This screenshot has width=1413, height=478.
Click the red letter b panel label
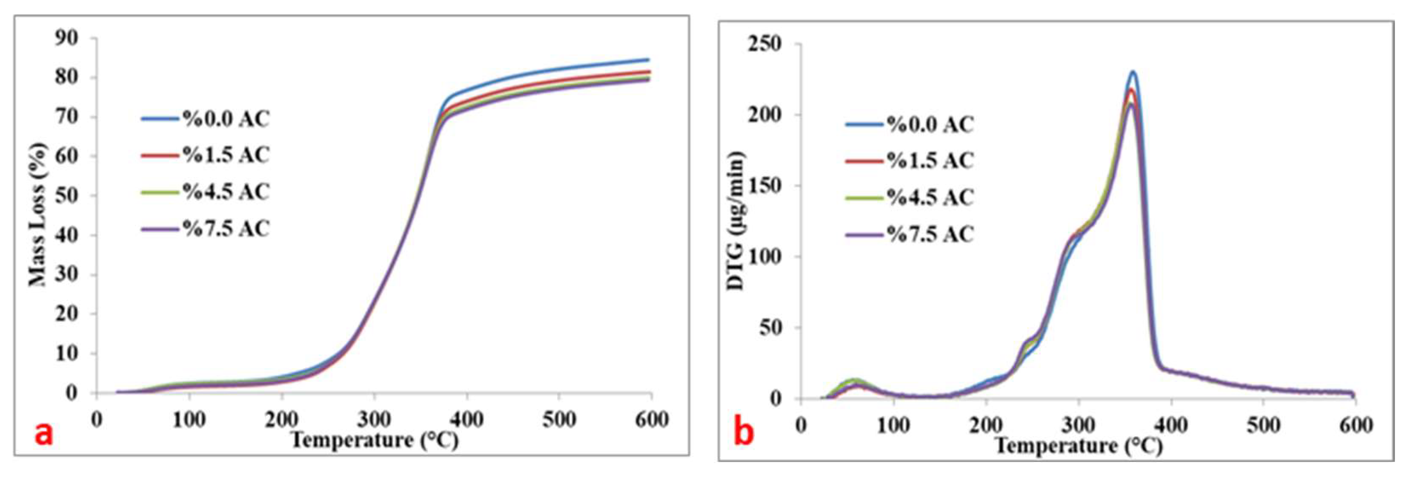tap(744, 432)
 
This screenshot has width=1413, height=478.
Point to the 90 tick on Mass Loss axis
tap(66, 38)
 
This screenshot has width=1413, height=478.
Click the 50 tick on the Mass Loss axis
tap(66, 196)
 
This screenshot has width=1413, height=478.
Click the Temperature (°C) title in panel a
tap(374, 440)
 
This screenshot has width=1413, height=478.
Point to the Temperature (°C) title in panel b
tap(1078, 446)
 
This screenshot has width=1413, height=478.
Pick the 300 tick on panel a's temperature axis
tap(374, 420)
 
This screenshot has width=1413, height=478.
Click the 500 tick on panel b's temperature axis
tap(1263, 425)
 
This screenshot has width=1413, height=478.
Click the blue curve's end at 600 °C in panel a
tap(648, 59)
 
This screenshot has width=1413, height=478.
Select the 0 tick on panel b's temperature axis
tap(801, 425)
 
